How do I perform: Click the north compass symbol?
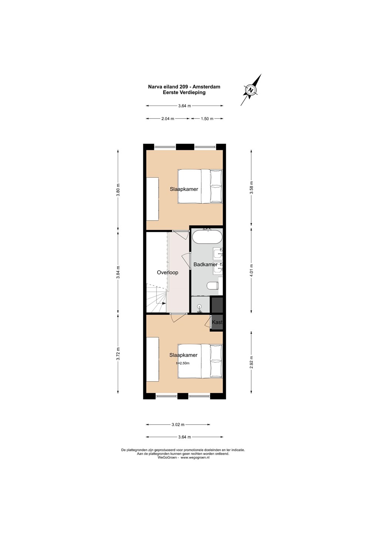[251, 90]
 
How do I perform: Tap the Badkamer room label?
[205, 264]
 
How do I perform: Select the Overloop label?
[168, 272]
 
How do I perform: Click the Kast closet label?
[217, 322]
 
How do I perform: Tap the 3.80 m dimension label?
[118, 189]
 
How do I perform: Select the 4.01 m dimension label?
[251, 270]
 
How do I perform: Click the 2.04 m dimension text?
[168, 118]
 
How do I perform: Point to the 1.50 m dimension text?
[207, 118]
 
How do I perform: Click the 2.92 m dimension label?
[251, 362]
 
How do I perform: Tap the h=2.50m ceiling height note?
[183, 363]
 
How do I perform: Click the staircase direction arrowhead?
[164, 303]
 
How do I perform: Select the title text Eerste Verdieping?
[184, 93]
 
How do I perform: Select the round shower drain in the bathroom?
[199, 306]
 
